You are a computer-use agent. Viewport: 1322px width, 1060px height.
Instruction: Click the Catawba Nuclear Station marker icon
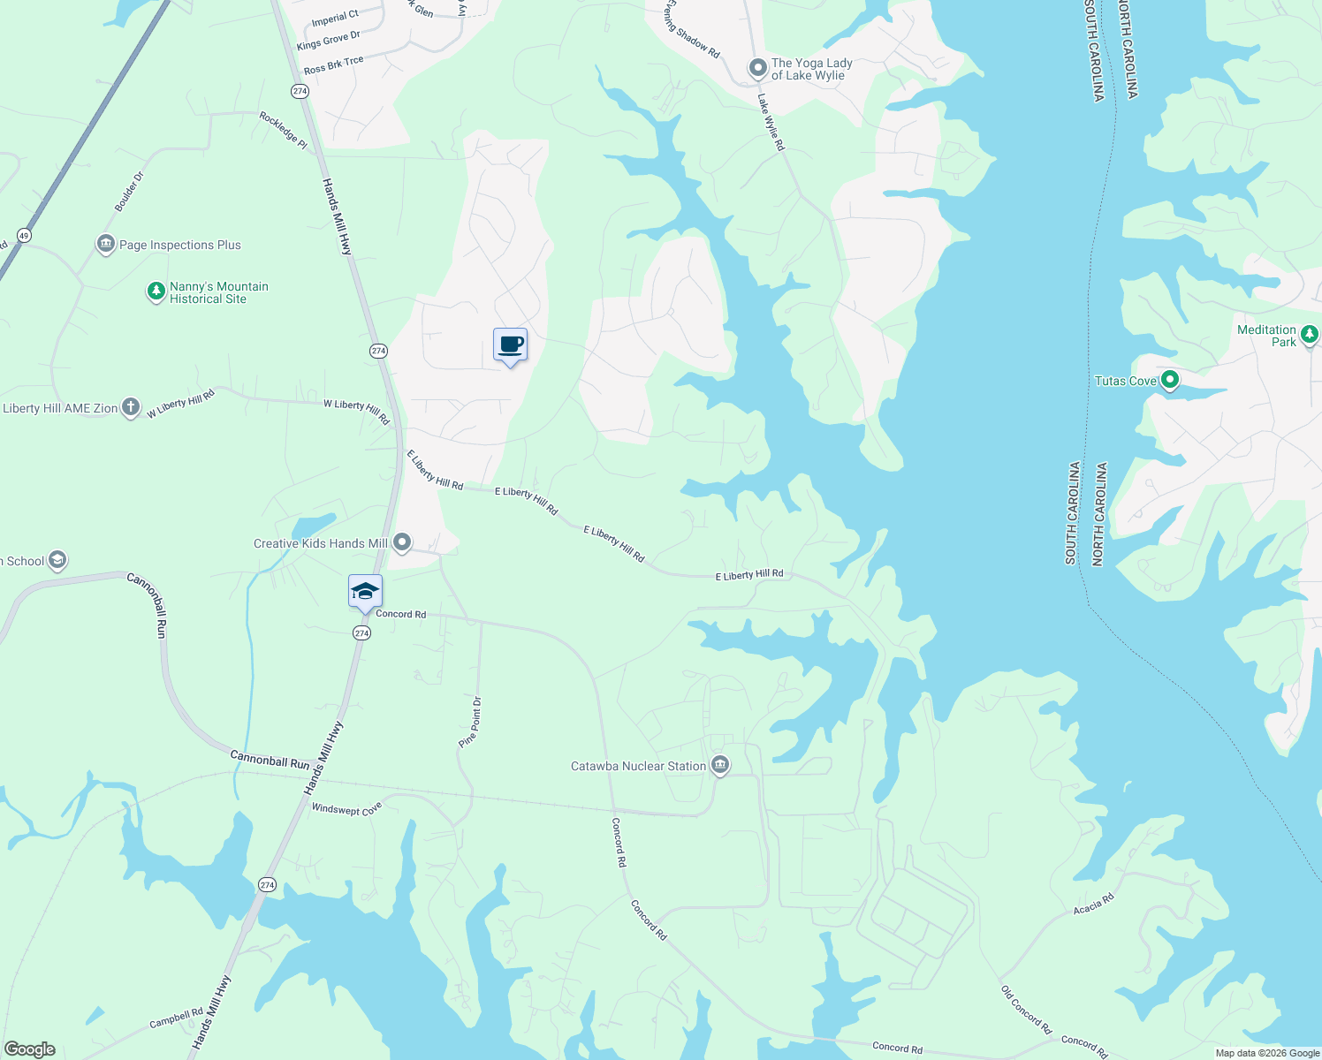click(720, 765)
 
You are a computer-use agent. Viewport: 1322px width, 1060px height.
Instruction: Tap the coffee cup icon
click(510, 344)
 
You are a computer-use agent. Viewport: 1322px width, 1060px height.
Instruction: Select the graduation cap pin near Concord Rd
click(365, 592)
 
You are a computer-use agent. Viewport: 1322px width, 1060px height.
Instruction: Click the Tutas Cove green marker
click(1170, 381)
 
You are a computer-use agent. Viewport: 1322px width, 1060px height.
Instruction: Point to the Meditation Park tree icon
click(1310, 335)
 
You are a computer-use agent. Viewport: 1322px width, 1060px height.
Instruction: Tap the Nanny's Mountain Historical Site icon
click(156, 291)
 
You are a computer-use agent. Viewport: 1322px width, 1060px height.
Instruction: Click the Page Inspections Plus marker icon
click(106, 244)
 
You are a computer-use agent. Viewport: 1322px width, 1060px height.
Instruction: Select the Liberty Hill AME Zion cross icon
click(131, 407)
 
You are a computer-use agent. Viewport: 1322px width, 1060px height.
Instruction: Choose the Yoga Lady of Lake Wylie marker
click(757, 68)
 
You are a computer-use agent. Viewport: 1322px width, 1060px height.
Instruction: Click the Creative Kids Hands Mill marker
click(402, 542)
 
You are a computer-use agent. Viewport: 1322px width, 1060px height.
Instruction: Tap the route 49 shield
click(24, 235)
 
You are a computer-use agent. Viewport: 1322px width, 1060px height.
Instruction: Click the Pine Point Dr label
click(470, 723)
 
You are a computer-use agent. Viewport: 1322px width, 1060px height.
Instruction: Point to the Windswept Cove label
click(346, 809)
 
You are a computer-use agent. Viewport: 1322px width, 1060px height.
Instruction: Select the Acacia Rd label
click(1094, 905)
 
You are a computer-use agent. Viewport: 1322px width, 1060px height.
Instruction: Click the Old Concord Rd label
click(1026, 1010)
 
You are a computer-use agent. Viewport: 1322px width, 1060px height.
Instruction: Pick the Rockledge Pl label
click(283, 130)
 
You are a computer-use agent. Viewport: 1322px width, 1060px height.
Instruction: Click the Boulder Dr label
click(129, 192)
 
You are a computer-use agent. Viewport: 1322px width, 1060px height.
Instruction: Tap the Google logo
click(30, 1049)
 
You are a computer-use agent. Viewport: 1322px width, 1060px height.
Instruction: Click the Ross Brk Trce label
click(333, 65)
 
